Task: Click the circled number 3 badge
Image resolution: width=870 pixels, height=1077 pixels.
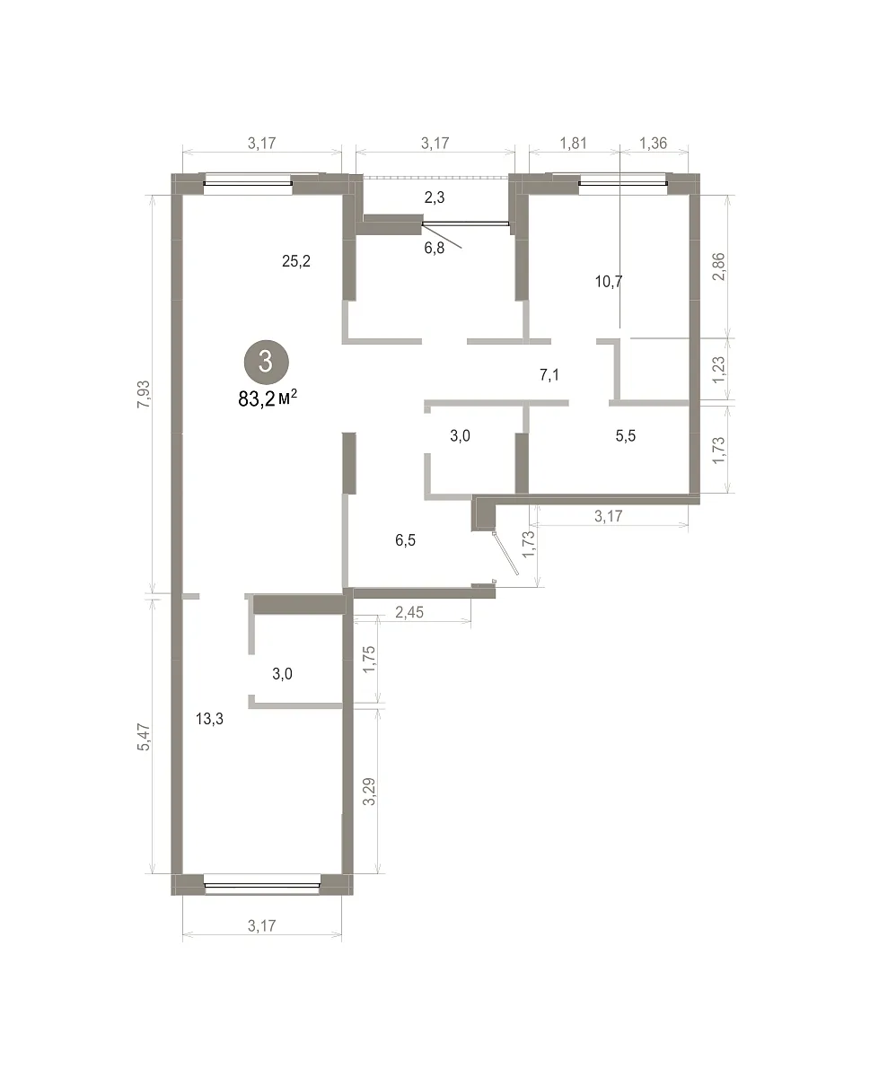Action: pos(266,361)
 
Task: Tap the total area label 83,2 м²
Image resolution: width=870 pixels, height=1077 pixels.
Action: pos(267,398)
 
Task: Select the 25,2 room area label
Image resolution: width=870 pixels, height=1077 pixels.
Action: pos(296,261)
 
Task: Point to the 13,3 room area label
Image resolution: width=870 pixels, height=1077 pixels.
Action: pos(209,719)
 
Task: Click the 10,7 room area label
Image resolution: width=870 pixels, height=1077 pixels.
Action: pos(609,281)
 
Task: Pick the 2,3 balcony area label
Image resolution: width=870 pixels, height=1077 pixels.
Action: pos(435,197)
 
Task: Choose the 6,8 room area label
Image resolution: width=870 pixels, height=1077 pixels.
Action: pos(435,248)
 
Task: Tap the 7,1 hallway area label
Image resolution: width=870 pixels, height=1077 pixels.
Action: pos(549,374)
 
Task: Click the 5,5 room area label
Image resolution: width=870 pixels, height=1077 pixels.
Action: pos(626,435)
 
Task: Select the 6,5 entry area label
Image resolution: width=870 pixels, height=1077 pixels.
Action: pos(405,540)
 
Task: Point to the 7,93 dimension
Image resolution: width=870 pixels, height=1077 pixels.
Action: pos(145,394)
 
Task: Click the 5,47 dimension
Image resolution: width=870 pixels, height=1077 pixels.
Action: pos(145,737)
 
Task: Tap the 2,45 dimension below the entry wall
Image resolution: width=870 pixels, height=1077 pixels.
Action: pos(409,612)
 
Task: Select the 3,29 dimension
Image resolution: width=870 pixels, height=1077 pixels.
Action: pos(369,792)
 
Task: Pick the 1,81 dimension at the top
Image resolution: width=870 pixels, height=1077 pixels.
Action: pos(573,143)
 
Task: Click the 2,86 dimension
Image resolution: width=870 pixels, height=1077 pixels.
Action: pos(718,267)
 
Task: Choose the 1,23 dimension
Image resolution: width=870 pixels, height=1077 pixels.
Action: pos(718,370)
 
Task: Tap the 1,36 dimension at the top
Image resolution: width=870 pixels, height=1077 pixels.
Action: pos(653,143)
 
